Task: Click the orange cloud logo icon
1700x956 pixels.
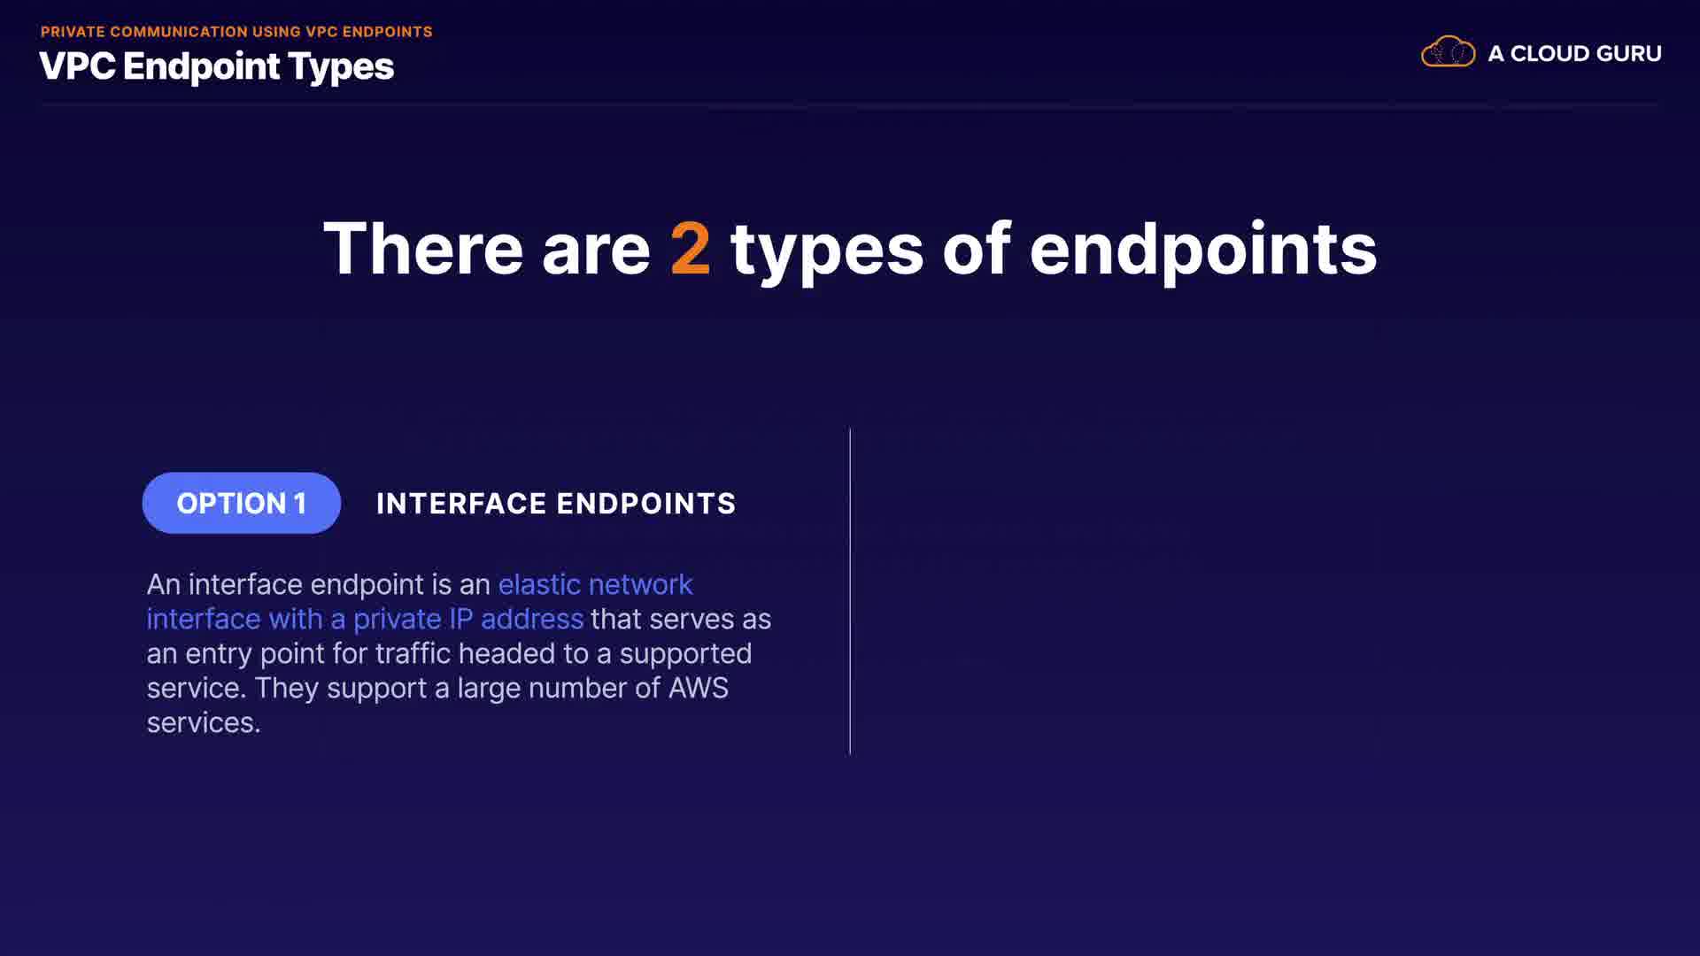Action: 1448,52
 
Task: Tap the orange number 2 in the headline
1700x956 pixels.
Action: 691,249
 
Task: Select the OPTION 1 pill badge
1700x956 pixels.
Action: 241,503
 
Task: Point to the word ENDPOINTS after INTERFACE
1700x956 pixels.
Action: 646,504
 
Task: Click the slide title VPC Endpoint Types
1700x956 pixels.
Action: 217,66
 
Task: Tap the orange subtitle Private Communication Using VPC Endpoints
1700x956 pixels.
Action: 236,32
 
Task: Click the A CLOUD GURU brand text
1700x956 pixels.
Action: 1574,53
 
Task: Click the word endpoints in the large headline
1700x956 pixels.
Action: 1203,251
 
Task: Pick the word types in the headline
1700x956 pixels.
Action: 827,253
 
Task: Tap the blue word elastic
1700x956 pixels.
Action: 539,584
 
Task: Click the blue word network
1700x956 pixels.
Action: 640,584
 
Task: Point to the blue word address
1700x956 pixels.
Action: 532,619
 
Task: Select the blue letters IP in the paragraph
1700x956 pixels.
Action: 461,619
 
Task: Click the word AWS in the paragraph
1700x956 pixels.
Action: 699,688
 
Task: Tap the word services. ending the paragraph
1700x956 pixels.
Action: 204,723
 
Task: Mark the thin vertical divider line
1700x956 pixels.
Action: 850,591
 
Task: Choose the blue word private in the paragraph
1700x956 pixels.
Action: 397,620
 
